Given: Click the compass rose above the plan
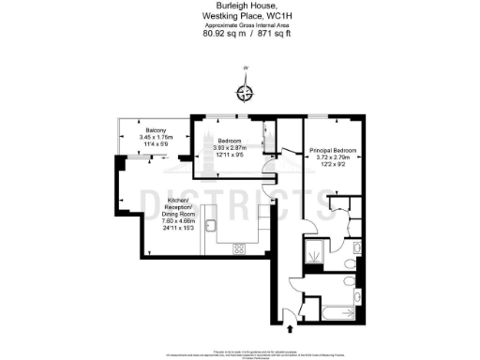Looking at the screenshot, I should coord(246,91).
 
